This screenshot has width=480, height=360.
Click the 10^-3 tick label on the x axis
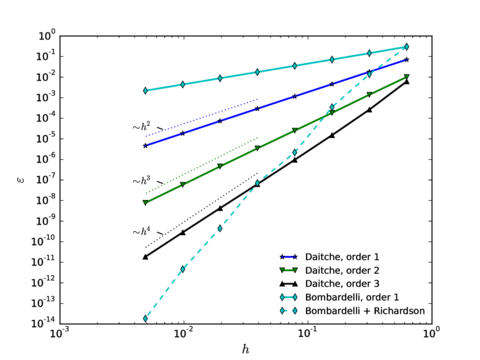pyautogui.click(x=60, y=332)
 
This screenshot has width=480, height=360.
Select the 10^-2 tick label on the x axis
pyautogui.click(x=183, y=332)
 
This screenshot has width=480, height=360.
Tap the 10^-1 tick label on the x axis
pyautogui.click(x=305, y=332)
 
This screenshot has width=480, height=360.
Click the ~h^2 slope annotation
pyautogui.click(x=142, y=127)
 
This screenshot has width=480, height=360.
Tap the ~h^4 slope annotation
pyautogui.click(x=142, y=231)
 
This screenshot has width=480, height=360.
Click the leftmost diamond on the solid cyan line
pyautogui.click(x=146, y=91)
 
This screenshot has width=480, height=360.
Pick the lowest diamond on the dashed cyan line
pyautogui.click(x=146, y=319)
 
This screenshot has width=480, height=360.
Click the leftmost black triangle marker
pyautogui.click(x=146, y=257)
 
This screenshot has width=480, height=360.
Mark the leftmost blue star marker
pyautogui.click(x=146, y=146)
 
